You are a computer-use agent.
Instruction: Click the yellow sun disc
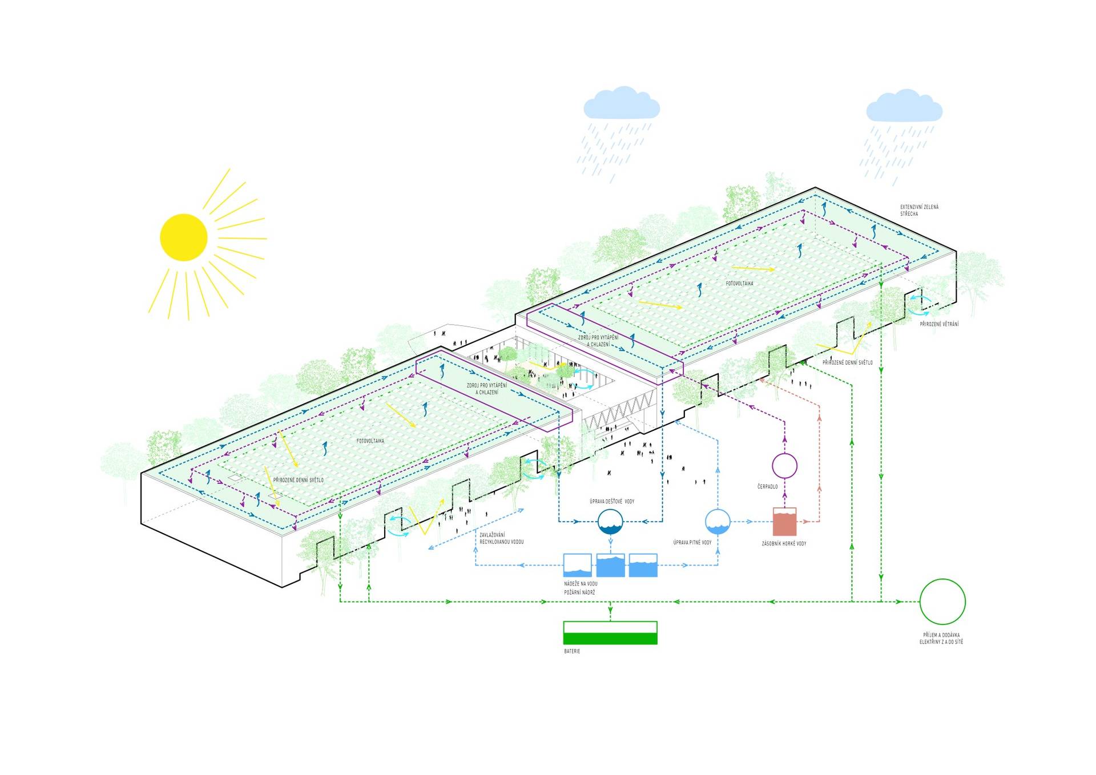(184, 237)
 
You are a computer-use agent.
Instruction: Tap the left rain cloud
(621, 104)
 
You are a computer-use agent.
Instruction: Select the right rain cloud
(904, 106)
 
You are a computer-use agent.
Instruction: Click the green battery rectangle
(610, 633)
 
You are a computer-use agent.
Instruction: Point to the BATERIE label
(571, 651)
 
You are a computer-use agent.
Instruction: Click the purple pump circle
(784, 466)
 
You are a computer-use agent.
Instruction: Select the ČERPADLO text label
(767, 487)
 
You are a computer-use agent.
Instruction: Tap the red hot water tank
(784, 521)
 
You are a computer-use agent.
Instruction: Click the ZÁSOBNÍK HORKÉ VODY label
(784, 544)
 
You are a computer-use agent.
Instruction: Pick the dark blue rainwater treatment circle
(610, 522)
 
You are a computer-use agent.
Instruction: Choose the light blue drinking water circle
(718, 521)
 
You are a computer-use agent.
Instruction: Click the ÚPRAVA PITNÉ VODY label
(692, 543)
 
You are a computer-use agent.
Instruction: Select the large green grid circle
(942, 602)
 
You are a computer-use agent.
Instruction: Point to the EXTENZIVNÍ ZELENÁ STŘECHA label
(919, 210)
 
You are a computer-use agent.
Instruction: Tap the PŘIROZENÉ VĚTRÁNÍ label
(939, 324)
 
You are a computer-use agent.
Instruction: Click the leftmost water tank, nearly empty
(577, 565)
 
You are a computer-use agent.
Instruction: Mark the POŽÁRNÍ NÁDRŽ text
(579, 592)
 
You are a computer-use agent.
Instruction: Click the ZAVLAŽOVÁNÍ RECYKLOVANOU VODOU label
(501, 538)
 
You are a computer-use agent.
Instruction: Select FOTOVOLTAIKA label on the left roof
(370, 441)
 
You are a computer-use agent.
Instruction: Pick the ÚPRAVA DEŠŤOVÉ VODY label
(611, 501)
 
